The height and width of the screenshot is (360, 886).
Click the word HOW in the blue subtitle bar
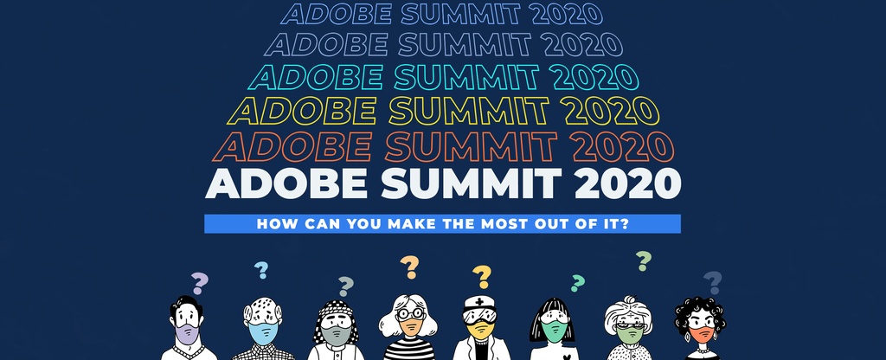pos(274,223)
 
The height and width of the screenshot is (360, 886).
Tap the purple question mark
pos(200,283)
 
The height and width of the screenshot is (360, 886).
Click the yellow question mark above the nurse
pos(482,277)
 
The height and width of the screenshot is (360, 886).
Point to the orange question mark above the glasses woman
pos(410,267)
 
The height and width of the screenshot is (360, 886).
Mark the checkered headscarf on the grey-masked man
pos(336,309)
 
